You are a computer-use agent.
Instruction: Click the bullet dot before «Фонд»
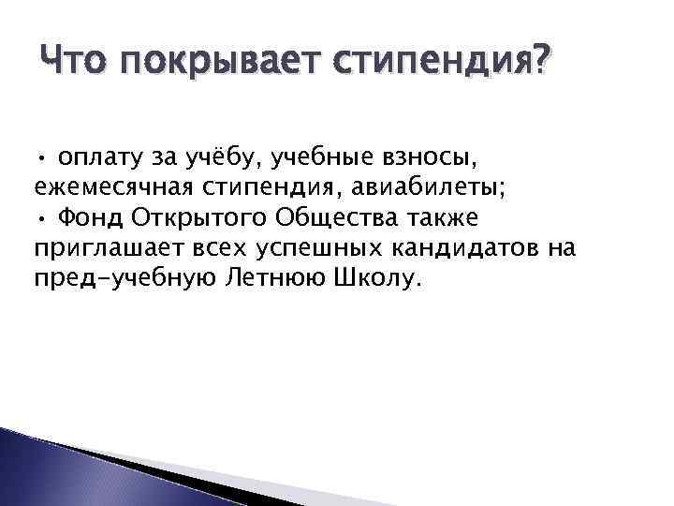tap(42, 218)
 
